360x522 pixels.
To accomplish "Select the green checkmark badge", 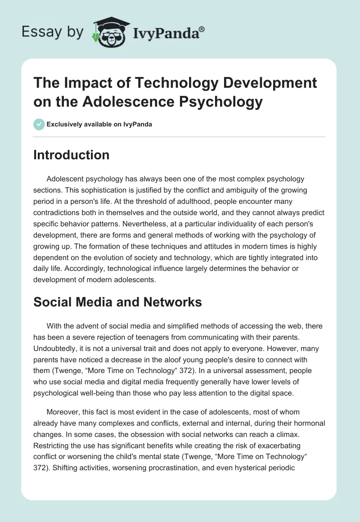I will (x=39, y=124).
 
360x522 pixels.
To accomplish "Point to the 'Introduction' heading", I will (x=72, y=155).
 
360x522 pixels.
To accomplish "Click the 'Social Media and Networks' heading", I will (x=117, y=302).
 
